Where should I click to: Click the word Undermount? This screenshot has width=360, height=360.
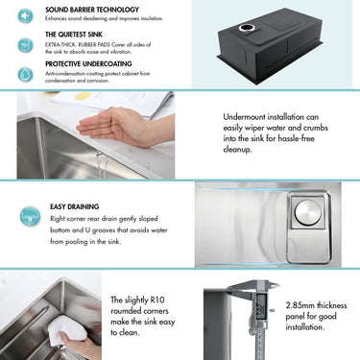(242, 115)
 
